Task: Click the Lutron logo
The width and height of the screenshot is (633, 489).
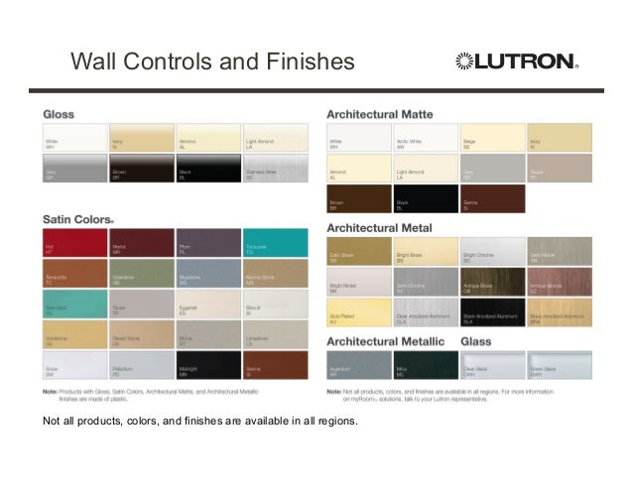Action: (516, 62)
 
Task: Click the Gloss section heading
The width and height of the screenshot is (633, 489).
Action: (59, 114)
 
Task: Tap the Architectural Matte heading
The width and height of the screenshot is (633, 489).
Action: (390, 115)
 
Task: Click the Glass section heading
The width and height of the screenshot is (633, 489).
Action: (477, 341)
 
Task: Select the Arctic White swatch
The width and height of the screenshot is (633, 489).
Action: (426, 139)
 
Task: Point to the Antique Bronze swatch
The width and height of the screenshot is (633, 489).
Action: (559, 282)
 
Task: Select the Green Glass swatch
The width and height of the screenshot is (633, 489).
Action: (559, 366)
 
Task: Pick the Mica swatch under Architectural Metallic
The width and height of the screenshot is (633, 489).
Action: (426, 366)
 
